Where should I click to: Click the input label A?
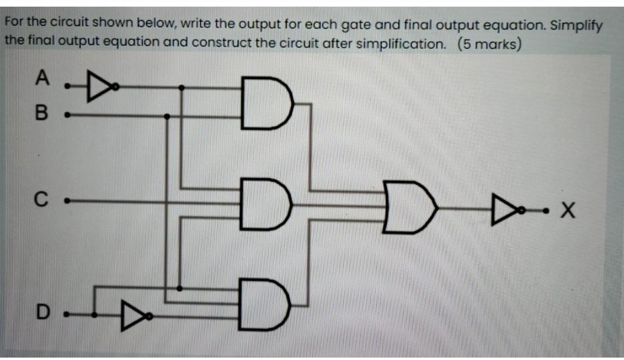click(41, 77)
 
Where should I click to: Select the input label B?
click(41, 114)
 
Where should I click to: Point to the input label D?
click(41, 312)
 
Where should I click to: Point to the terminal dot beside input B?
click(67, 114)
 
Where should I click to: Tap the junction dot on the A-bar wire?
click(182, 88)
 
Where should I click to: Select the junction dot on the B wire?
click(167, 115)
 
